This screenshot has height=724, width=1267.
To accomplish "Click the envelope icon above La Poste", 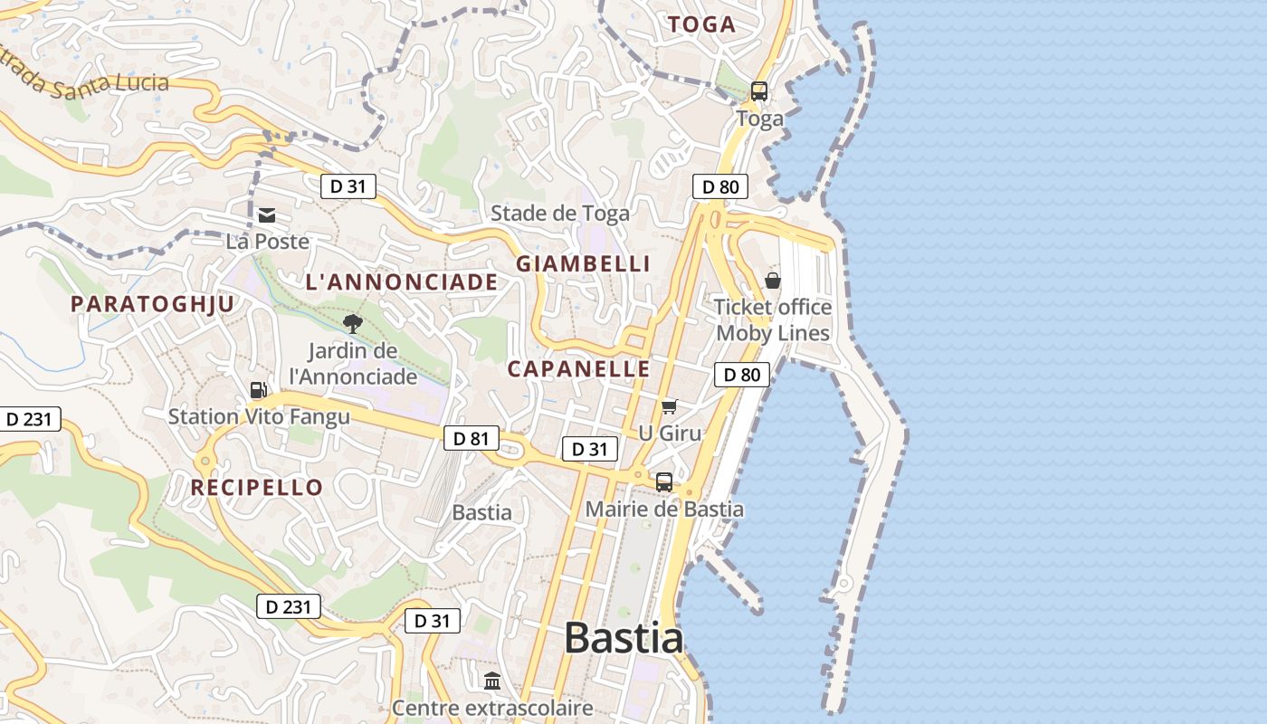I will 267,215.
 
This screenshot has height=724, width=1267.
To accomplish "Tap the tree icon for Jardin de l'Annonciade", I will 353,323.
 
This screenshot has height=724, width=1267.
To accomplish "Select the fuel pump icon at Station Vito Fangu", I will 259,390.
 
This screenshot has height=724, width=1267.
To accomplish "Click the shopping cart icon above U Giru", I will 669,407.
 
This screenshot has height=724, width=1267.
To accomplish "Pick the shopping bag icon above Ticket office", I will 773,281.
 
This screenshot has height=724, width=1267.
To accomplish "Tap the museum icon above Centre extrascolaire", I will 492,681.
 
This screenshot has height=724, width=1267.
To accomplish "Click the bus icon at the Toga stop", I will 759,91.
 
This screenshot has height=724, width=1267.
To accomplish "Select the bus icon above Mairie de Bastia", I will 664,482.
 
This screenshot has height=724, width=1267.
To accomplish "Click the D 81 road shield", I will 472,439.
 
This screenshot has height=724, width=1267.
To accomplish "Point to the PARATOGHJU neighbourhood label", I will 153,304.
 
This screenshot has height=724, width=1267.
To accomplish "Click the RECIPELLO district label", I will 256,488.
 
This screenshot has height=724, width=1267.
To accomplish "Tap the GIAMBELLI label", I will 583,264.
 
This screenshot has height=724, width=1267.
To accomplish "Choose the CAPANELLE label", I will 578,369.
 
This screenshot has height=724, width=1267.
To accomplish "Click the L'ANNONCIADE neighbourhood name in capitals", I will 402,282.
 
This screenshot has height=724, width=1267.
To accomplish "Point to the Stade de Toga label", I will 559,214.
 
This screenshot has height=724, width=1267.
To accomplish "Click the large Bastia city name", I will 624,638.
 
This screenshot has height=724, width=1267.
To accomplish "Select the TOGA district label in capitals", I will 701,25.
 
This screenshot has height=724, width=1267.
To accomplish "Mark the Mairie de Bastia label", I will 664,510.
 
